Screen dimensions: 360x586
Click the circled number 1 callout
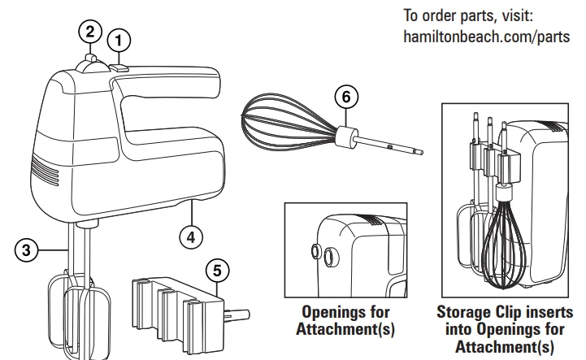[x=119, y=38]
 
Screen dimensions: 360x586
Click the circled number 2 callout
[x=90, y=33]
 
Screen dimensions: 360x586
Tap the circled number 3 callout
[x=26, y=251]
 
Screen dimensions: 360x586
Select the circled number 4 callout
[x=191, y=236]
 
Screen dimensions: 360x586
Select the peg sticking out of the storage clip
[x=237, y=314]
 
